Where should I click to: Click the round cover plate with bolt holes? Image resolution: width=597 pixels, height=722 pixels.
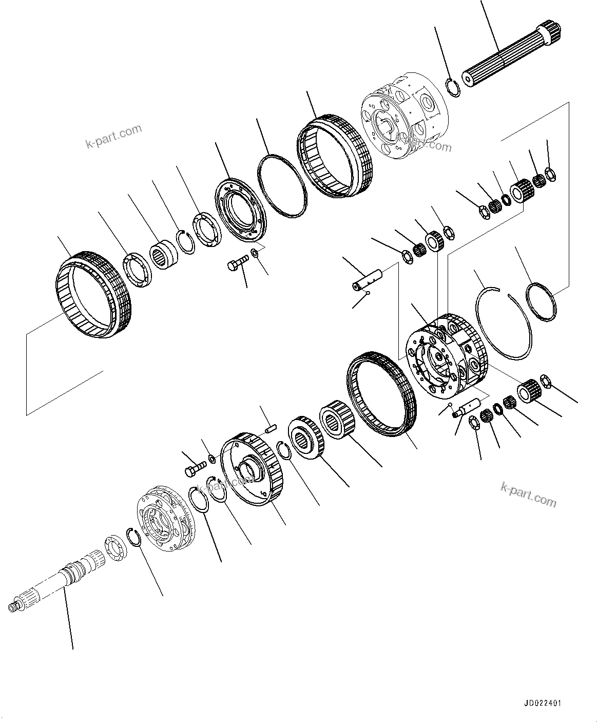(x=239, y=207)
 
